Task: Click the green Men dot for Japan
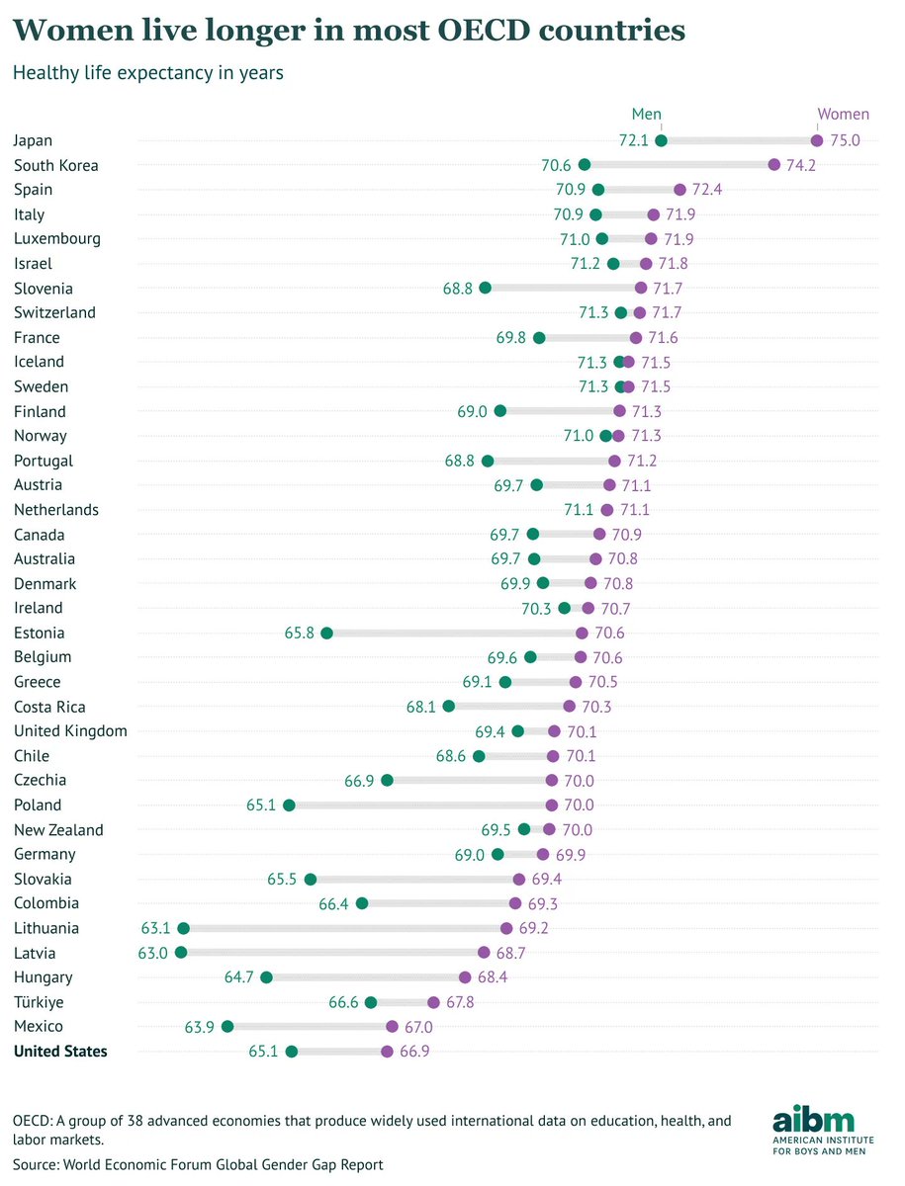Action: tap(661, 140)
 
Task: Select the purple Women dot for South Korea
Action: tap(773, 165)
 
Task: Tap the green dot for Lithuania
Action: tap(183, 928)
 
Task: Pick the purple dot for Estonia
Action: tap(582, 634)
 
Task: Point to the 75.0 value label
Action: tap(845, 140)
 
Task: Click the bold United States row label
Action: tap(60, 1052)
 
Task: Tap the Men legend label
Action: tap(646, 115)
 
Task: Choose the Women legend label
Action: tap(842, 115)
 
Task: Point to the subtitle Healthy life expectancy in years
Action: tap(147, 73)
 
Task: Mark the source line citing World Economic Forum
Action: tap(198, 1164)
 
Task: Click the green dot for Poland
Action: tap(289, 805)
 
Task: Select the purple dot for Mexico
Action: tap(392, 1027)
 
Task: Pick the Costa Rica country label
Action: tap(49, 707)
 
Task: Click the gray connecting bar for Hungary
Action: tap(366, 977)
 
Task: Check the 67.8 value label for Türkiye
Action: tap(459, 1002)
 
